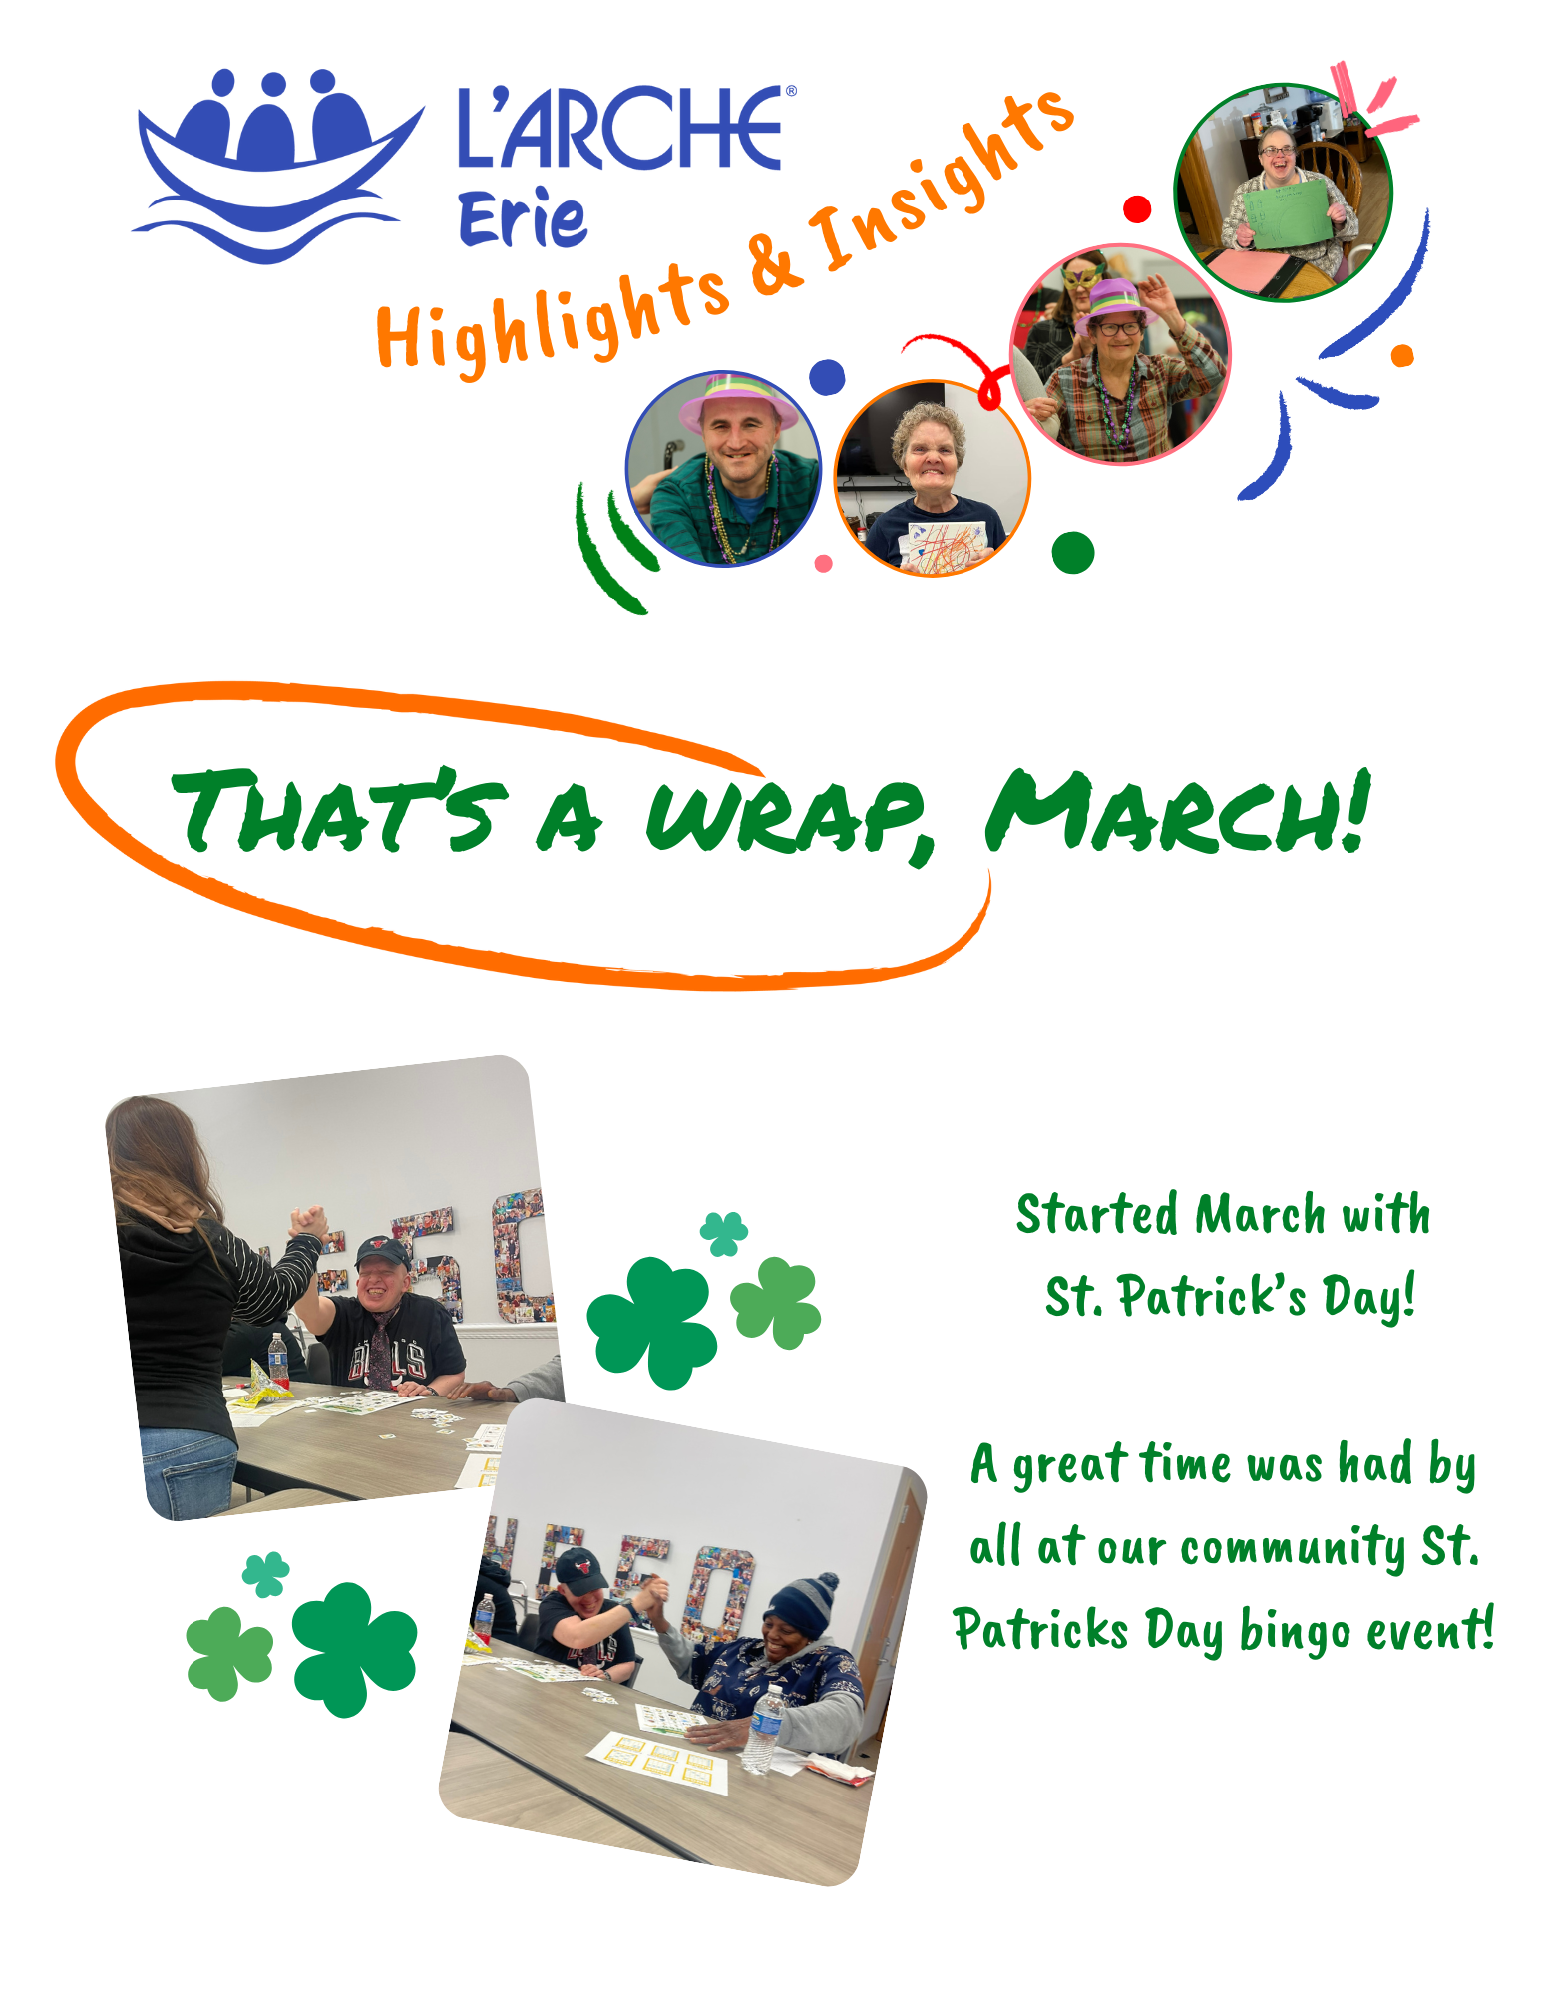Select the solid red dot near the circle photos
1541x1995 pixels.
coord(1137,209)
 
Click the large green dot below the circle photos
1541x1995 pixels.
coord(1073,553)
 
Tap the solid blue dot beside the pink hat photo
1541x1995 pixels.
coord(827,377)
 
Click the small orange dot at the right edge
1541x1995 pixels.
coord(1402,355)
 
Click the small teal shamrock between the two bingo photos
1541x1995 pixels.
coord(724,1233)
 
